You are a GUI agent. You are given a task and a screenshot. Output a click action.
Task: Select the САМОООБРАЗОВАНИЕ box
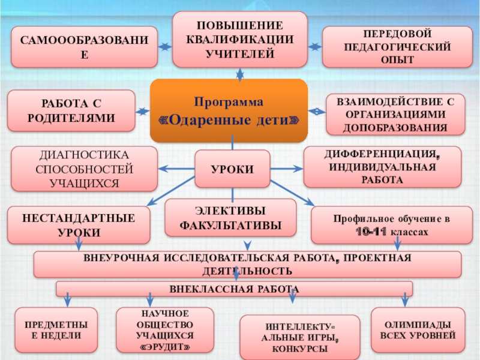click(x=84, y=46)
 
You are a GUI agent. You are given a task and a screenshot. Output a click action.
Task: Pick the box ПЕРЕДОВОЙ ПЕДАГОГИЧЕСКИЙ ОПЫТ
click(x=393, y=46)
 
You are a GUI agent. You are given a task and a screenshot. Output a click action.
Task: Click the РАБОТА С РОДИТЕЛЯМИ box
click(x=71, y=110)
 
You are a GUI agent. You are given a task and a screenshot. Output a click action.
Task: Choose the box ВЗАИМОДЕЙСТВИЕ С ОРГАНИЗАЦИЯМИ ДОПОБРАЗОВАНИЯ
click(x=395, y=114)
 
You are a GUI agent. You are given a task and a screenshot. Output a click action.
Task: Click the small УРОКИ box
click(x=232, y=170)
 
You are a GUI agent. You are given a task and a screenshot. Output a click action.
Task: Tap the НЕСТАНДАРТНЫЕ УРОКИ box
click(x=78, y=225)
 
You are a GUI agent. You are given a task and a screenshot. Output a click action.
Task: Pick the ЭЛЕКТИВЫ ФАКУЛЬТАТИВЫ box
click(x=230, y=217)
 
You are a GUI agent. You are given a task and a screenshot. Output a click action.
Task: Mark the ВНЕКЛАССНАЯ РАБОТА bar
click(x=234, y=289)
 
